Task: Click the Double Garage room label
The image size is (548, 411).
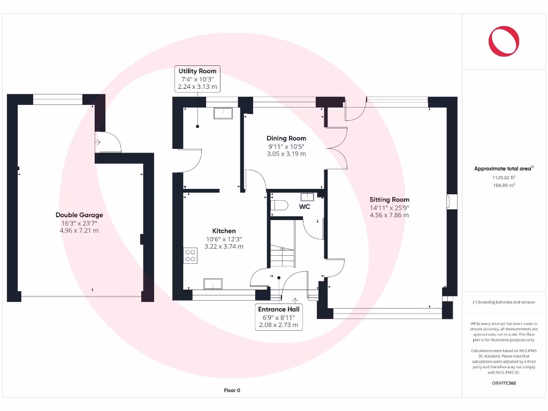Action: pyautogui.click(x=79, y=215)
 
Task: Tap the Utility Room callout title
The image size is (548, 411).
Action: pyautogui.click(x=197, y=71)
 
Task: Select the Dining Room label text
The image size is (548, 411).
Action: pyautogui.click(x=286, y=138)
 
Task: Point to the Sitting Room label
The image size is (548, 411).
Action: pyautogui.click(x=389, y=200)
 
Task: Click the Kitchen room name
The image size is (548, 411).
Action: pyautogui.click(x=224, y=231)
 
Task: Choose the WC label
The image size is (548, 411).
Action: pyautogui.click(x=305, y=206)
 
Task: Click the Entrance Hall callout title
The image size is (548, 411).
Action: pyautogui.click(x=279, y=309)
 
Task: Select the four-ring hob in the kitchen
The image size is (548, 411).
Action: pyautogui.click(x=190, y=255)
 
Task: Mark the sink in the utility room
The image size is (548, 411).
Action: pyautogui.click(x=222, y=113)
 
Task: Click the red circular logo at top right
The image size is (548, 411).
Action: pyautogui.click(x=504, y=41)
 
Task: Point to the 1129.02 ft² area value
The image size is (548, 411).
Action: pyautogui.click(x=503, y=177)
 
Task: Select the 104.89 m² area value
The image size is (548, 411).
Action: pyautogui.click(x=503, y=185)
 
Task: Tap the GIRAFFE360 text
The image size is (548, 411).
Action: pyautogui.click(x=503, y=383)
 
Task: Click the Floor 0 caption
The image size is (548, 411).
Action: pyautogui.click(x=232, y=391)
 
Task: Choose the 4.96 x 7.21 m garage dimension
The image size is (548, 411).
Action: pyautogui.click(x=79, y=231)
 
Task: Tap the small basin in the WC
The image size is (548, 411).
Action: pyautogui.click(x=307, y=196)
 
